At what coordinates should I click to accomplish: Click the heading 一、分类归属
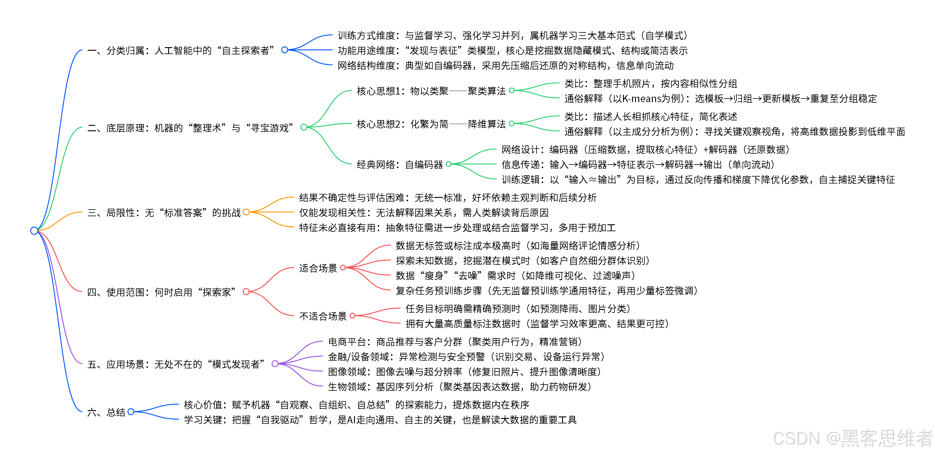(181, 50)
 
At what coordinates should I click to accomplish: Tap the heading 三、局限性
(164, 213)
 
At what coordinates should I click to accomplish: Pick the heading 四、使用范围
(161, 292)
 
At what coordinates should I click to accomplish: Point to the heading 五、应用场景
(176, 364)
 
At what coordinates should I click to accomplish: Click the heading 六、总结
(106, 412)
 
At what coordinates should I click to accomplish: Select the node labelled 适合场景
(318, 268)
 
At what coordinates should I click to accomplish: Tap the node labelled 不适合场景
(323, 316)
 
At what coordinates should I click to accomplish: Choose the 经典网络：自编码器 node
(400, 165)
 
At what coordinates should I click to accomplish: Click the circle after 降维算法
(512, 124)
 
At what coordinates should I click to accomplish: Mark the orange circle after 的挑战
(247, 212)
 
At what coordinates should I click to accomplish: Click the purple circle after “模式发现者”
(275, 364)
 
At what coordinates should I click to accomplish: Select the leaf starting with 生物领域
(459, 387)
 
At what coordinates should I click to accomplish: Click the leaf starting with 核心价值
(356, 405)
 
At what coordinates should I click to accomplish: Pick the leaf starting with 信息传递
(638, 165)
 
